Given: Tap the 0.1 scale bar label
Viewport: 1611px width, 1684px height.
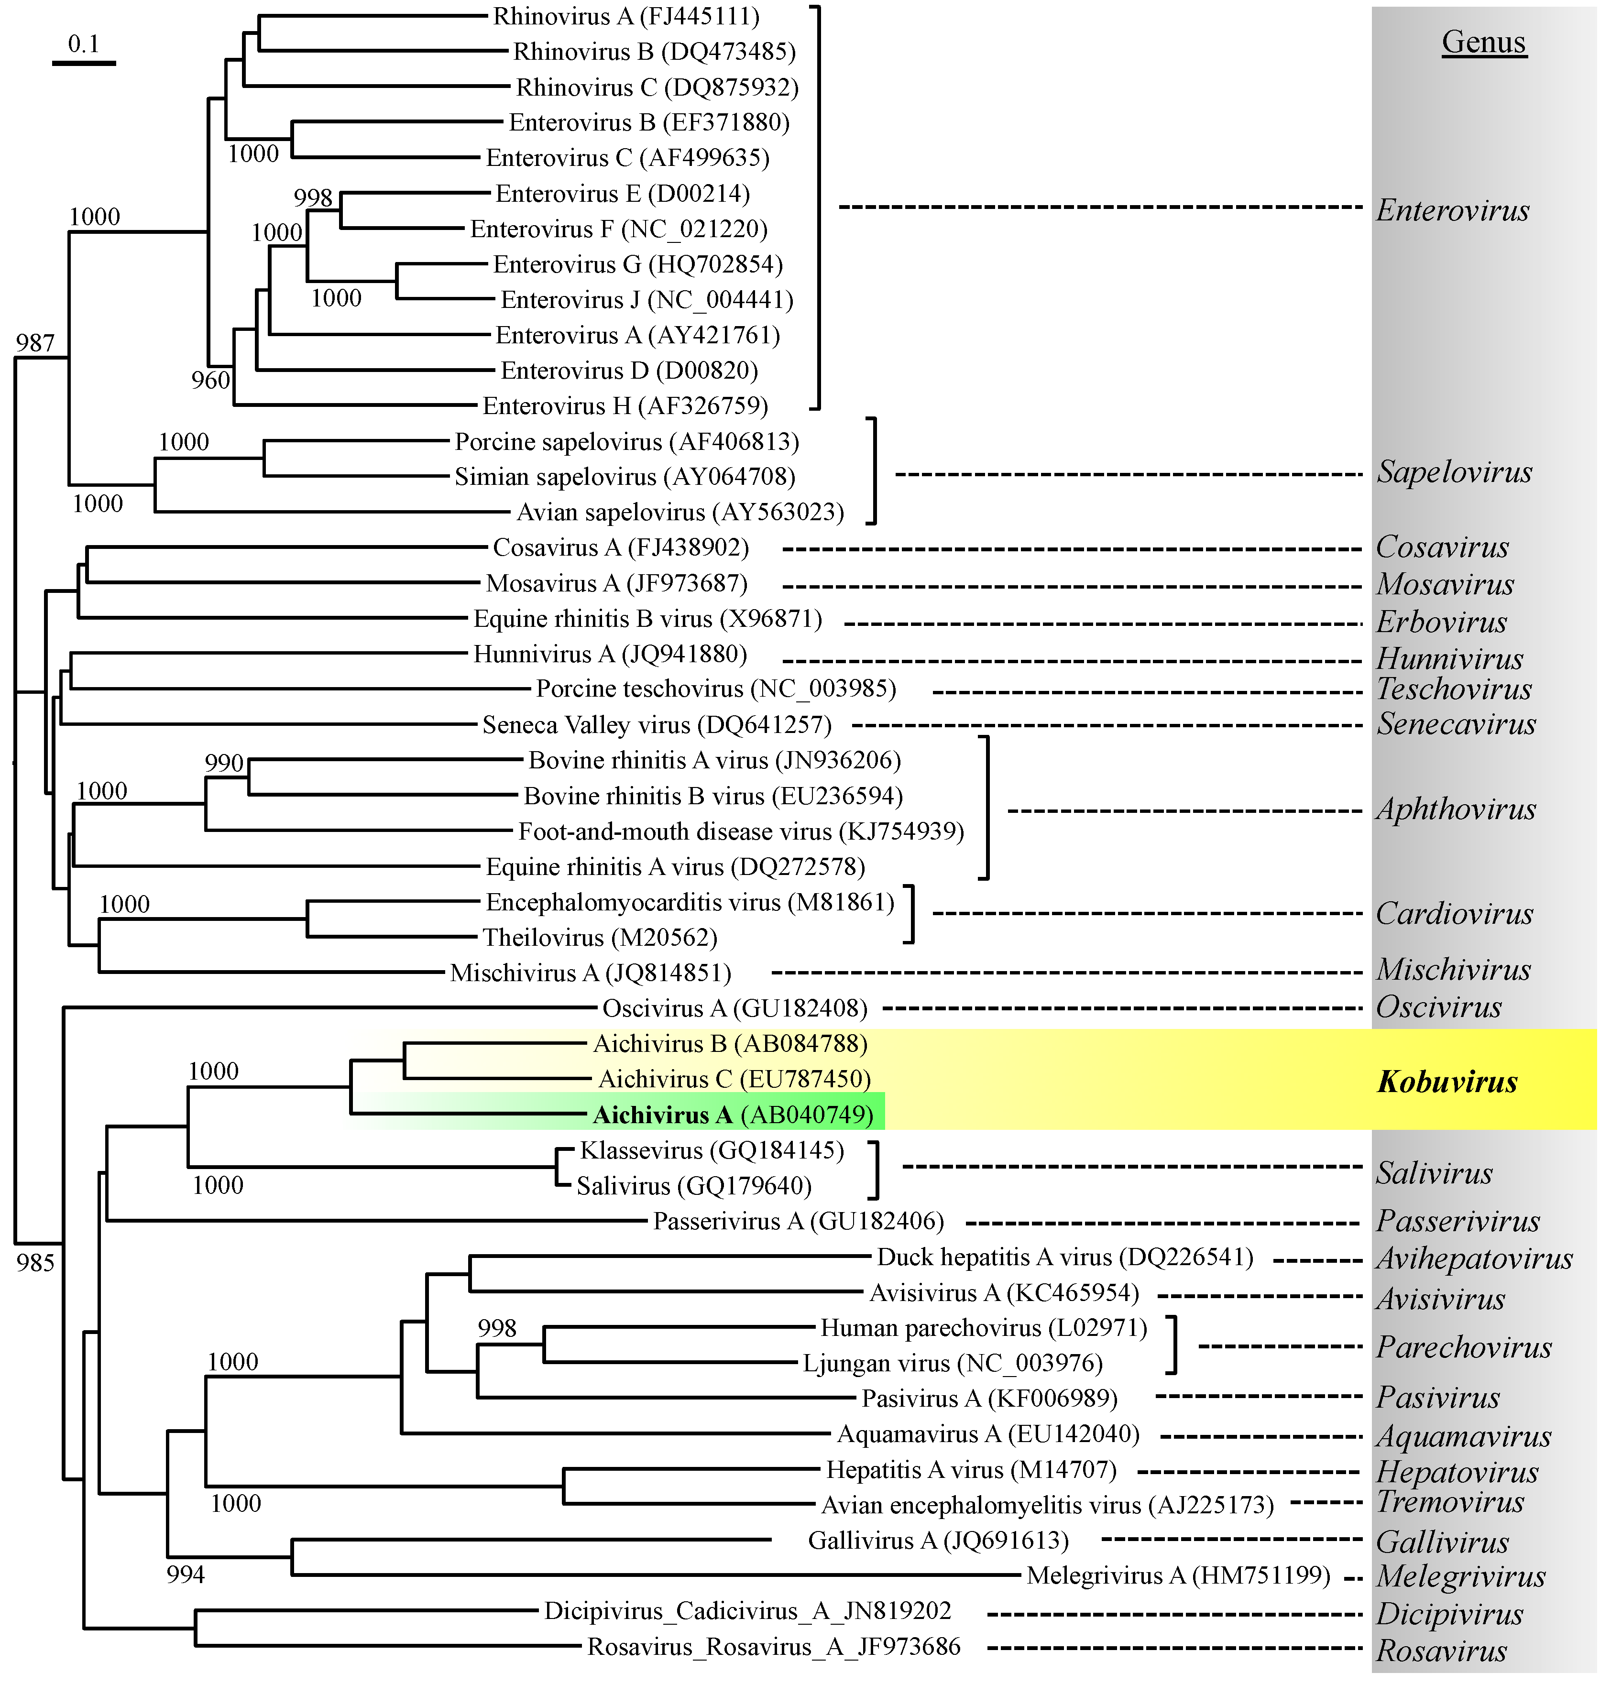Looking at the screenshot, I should pos(83,44).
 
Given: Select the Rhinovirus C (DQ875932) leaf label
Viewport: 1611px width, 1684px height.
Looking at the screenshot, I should pos(657,87).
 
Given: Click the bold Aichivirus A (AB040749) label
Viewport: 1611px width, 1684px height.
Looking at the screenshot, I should pos(733,1115).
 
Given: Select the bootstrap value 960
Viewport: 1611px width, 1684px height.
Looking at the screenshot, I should pos(210,381).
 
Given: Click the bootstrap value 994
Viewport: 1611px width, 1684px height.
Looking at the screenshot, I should pos(186,1574).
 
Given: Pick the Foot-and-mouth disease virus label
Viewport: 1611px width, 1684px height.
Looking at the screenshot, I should pos(740,831).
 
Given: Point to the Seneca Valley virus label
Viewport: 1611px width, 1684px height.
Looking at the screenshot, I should pos(656,725).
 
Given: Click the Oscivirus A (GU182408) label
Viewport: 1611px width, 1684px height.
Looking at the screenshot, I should pos(734,1008).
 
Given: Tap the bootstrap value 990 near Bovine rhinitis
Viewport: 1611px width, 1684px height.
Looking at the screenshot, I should pos(224,763).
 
